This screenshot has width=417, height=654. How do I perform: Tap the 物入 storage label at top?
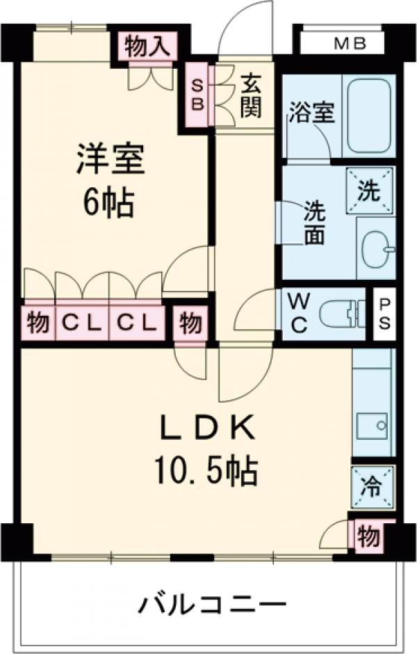(x=147, y=47)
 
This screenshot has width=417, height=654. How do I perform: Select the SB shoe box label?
(x=197, y=95)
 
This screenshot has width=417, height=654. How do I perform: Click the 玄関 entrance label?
(x=250, y=95)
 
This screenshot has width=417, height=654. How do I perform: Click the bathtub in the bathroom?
(x=368, y=115)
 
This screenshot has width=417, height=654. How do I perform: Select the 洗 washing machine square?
(x=370, y=189)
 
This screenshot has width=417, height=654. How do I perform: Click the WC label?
(x=299, y=314)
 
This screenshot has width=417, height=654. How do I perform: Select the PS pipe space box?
(x=384, y=314)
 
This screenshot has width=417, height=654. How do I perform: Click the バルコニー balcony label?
(x=211, y=603)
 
